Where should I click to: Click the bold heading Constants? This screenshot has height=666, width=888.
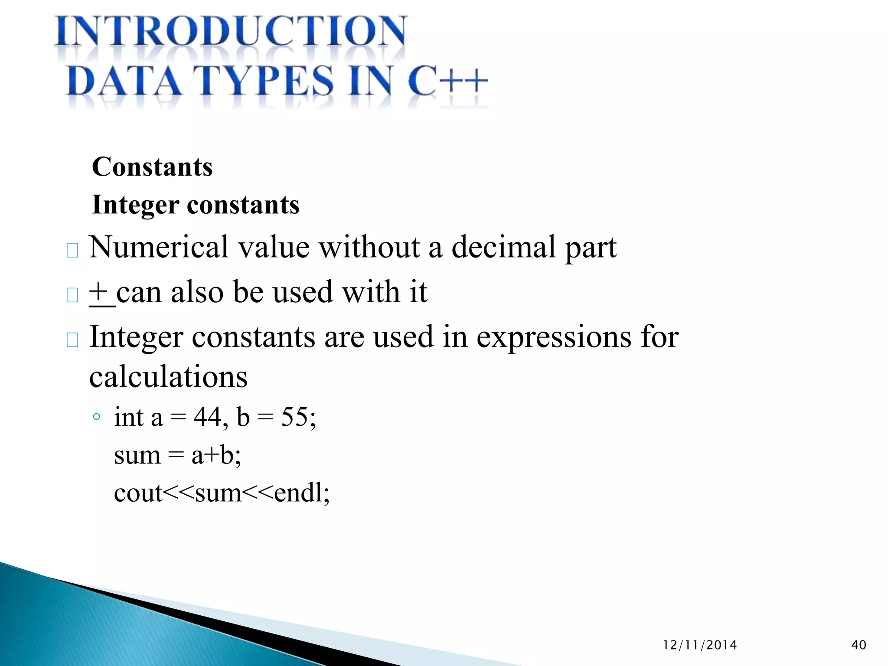click(x=152, y=167)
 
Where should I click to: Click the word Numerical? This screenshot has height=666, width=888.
click(x=158, y=247)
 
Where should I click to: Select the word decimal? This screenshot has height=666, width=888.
click(x=503, y=247)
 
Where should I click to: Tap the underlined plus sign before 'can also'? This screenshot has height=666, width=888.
click(x=99, y=292)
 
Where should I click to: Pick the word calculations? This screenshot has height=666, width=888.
click(x=168, y=376)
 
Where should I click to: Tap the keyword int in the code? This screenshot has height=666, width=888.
click(x=129, y=417)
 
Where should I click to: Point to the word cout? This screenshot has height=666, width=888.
click(x=138, y=493)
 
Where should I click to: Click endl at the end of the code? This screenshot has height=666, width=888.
click(x=298, y=493)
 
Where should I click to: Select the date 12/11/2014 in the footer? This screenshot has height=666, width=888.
click(x=700, y=645)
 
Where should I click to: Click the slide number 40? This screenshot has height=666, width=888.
click(x=859, y=645)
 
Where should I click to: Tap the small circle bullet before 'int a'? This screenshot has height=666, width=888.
click(x=97, y=417)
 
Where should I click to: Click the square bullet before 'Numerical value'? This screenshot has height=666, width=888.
click(x=72, y=250)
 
